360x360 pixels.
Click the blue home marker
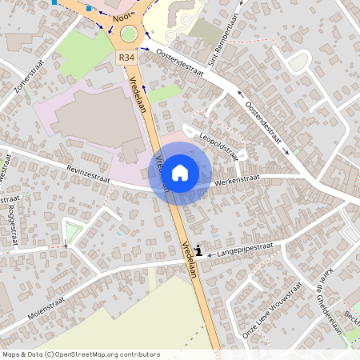[x=180, y=173]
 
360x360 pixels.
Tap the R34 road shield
[x=126, y=58]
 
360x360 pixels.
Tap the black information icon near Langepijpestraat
[x=198, y=251]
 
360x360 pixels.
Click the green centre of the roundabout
[x=128, y=34]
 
